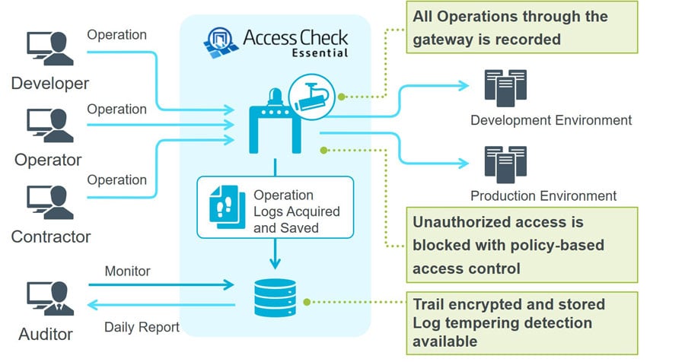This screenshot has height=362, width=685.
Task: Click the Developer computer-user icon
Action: pos(49,50)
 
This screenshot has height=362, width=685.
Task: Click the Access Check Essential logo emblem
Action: pos(221,43)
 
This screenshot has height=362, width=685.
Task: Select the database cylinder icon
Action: pos(275,297)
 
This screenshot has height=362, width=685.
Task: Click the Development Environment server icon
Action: pos(505,87)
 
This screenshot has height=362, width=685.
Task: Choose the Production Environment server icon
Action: pos(505,164)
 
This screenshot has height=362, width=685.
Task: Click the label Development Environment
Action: pos(551,120)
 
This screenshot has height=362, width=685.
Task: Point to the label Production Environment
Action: pos(543,196)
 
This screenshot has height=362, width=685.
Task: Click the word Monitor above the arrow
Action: pos(127,271)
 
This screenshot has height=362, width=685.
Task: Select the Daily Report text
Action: pos(142,328)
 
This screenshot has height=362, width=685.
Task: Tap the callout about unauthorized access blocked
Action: pos(522,245)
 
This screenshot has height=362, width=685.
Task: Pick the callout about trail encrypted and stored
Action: pos(522,322)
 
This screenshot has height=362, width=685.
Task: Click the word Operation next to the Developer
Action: pos(116,34)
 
